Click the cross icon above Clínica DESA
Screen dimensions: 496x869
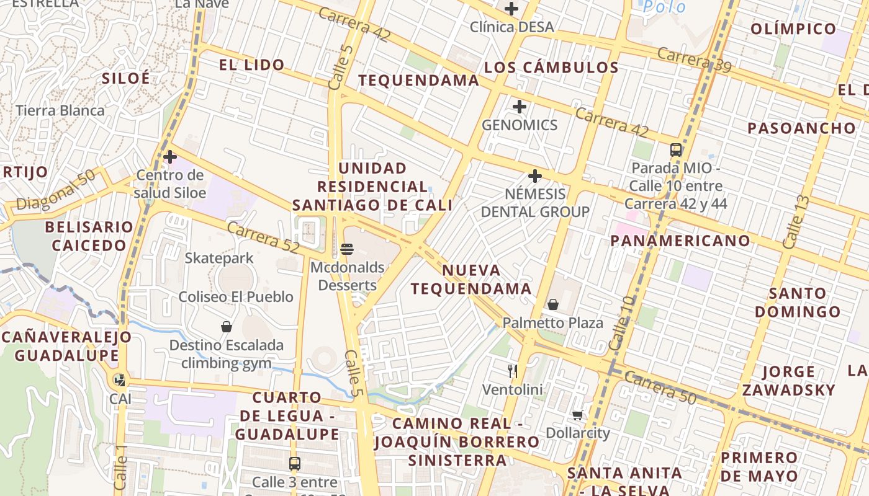click(511, 9)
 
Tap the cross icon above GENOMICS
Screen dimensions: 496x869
click(520, 107)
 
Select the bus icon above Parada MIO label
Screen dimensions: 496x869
click(676, 149)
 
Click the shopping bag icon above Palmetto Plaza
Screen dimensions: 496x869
click(552, 304)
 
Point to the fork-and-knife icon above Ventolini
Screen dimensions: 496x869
click(513, 371)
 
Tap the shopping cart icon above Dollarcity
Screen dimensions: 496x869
click(577, 415)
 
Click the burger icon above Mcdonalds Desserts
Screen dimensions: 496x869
click(347, 249)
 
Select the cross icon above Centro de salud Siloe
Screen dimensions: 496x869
click(170, 157)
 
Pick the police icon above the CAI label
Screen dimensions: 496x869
click(120, 379)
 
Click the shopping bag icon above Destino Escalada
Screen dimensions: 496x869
click(227, 327)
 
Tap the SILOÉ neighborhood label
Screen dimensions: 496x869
click(126, 78)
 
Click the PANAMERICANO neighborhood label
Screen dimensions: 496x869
click(680, 241)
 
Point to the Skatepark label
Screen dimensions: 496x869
click(219, 258)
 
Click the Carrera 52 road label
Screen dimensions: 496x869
click(263, 237)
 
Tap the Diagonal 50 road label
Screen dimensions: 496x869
click(56, 190)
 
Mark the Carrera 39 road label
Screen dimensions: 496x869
click(694, 59)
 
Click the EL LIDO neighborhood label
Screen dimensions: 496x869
click(251, 64)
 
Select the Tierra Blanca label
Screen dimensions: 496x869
click(60, 110)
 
